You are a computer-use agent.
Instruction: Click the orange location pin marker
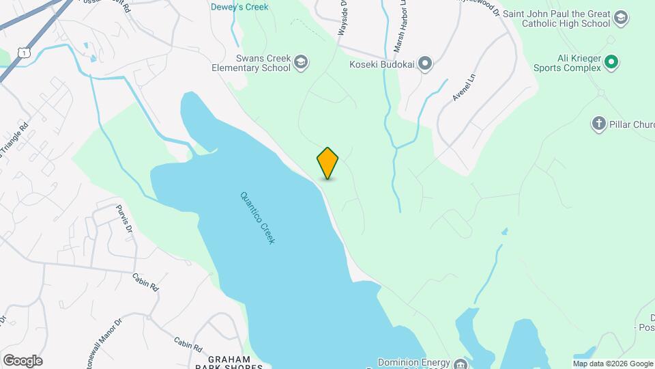[327, 163]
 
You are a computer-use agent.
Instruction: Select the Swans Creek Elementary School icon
[300, 64]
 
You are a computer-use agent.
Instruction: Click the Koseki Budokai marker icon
[426, 64]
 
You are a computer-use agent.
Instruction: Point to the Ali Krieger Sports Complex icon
[612, 63]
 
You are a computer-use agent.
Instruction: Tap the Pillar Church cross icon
[598, 124]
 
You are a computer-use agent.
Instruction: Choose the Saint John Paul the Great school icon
[621, 18]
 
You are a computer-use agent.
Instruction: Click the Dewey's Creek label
[239, 7]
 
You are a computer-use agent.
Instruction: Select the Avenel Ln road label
[463, 90]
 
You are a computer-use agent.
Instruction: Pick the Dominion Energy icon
[463, 364]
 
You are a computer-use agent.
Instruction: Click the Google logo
[23, 360]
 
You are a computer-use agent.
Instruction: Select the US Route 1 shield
[24, 53]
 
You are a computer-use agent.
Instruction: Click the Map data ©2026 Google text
[613, 364]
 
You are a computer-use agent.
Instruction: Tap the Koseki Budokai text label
[383, 64]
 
